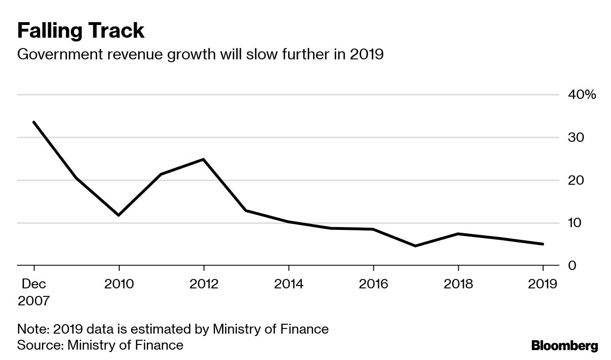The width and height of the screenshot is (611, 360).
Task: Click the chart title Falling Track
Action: click(x=81, y=31)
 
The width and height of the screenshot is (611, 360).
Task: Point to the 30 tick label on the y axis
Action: click(x=575, y=138)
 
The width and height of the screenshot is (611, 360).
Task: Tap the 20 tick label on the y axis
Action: click(x=575, y=180)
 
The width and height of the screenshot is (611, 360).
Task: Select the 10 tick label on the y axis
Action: click(x=575, y=223)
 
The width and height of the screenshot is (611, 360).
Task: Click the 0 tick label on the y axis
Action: click(x=571, y=265)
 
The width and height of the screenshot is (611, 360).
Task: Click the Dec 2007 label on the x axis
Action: click(x=33, y=292)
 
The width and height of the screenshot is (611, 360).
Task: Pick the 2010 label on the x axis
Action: click(x=119, y=284)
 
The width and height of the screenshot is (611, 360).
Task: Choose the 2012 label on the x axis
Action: click(x=204, y=284)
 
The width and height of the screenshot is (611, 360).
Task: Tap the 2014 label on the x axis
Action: click(x=289, y=284)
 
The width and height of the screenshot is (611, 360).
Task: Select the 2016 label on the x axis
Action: click(x=373, y=284)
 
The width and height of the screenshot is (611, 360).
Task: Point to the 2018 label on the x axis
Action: click(x=458, y=284)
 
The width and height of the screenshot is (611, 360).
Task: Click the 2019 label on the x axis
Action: click(x=542, y=284)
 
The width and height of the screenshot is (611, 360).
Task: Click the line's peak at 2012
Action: click(x=203, y=159)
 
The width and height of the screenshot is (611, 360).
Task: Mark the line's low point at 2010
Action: click(x=118, y=215)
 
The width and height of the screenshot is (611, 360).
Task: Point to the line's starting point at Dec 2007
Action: click(x=33, y=122)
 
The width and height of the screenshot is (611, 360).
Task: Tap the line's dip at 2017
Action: click(x=415, y=246)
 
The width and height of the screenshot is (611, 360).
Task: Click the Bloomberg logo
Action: click(x=564, y=346)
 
